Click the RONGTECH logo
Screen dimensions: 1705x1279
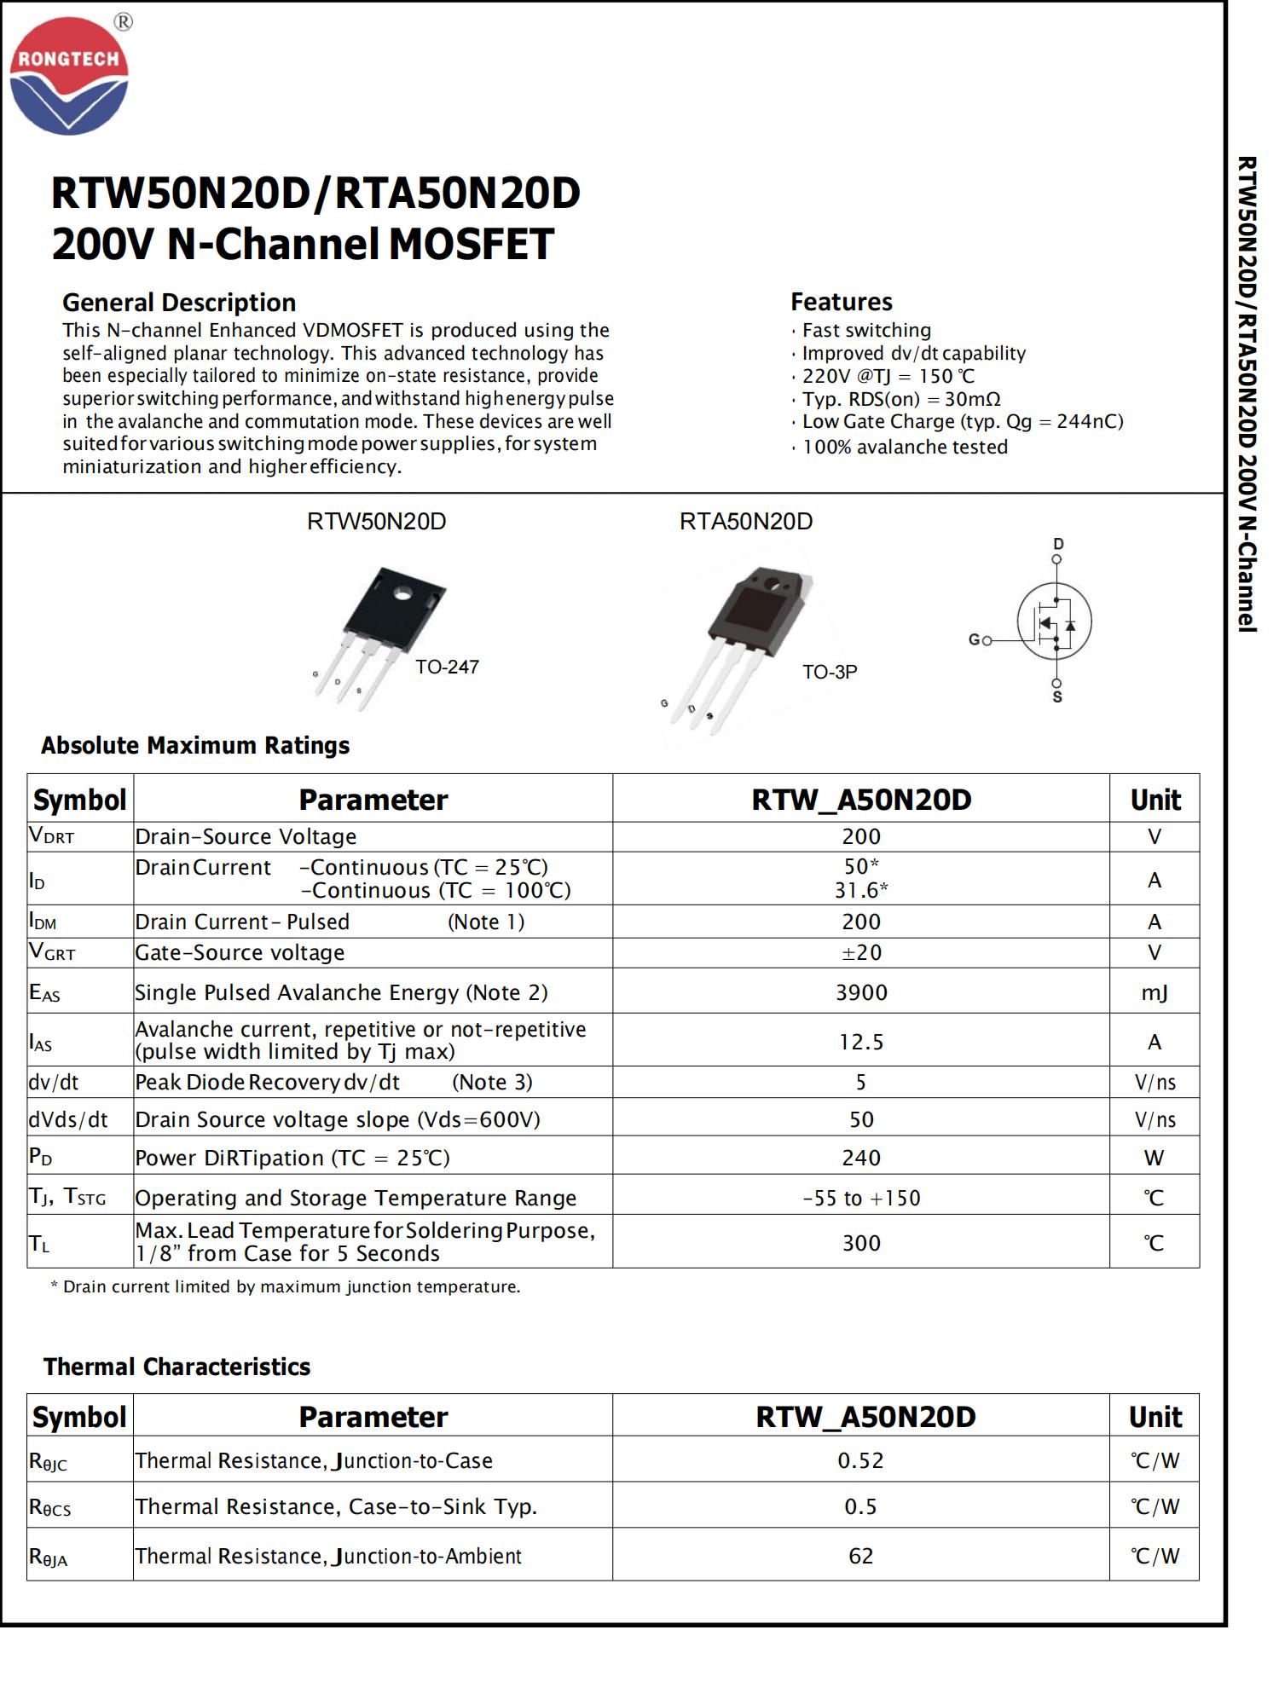click(69, 75)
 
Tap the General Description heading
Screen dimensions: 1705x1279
click(179, 303)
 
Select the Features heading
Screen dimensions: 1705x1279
click(841, 302)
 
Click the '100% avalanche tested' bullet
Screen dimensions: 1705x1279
click(905, 447)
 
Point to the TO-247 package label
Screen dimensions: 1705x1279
click(447, 667)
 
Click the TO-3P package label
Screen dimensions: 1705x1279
click(829, 672)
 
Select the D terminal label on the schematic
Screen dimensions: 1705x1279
click(1058, 544)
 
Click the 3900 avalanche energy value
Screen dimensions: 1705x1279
click(861, 992)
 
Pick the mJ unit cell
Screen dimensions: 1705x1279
click(1155, 992)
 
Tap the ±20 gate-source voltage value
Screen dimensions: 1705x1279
click(861, 952)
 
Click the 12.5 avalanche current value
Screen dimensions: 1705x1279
click(861, 1042)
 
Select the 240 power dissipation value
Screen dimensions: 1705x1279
click(861, 1158)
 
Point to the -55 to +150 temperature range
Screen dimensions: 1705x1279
click(861, 1198)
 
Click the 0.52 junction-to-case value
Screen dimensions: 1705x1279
click(860, 1460)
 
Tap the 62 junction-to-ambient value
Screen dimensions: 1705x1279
click(860, 1556)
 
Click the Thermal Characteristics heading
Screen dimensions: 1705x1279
click(177, 1367)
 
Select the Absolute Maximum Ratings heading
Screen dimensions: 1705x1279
click(195, 745)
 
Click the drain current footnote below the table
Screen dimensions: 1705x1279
click(286, 1286)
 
